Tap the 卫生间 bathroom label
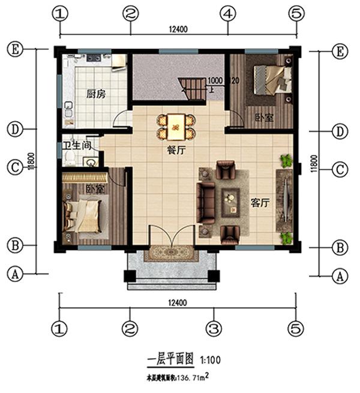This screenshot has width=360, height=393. [x=76, y=145]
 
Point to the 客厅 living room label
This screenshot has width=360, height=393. [x=260, y=203]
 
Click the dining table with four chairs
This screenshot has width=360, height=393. [x=175, y=125]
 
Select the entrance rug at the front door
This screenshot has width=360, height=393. [x=171, y=253]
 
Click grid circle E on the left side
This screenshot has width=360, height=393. [x=14, y=50]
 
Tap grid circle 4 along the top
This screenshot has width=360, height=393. [x=227, y=13]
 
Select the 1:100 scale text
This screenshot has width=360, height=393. [x=211, y=361]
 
